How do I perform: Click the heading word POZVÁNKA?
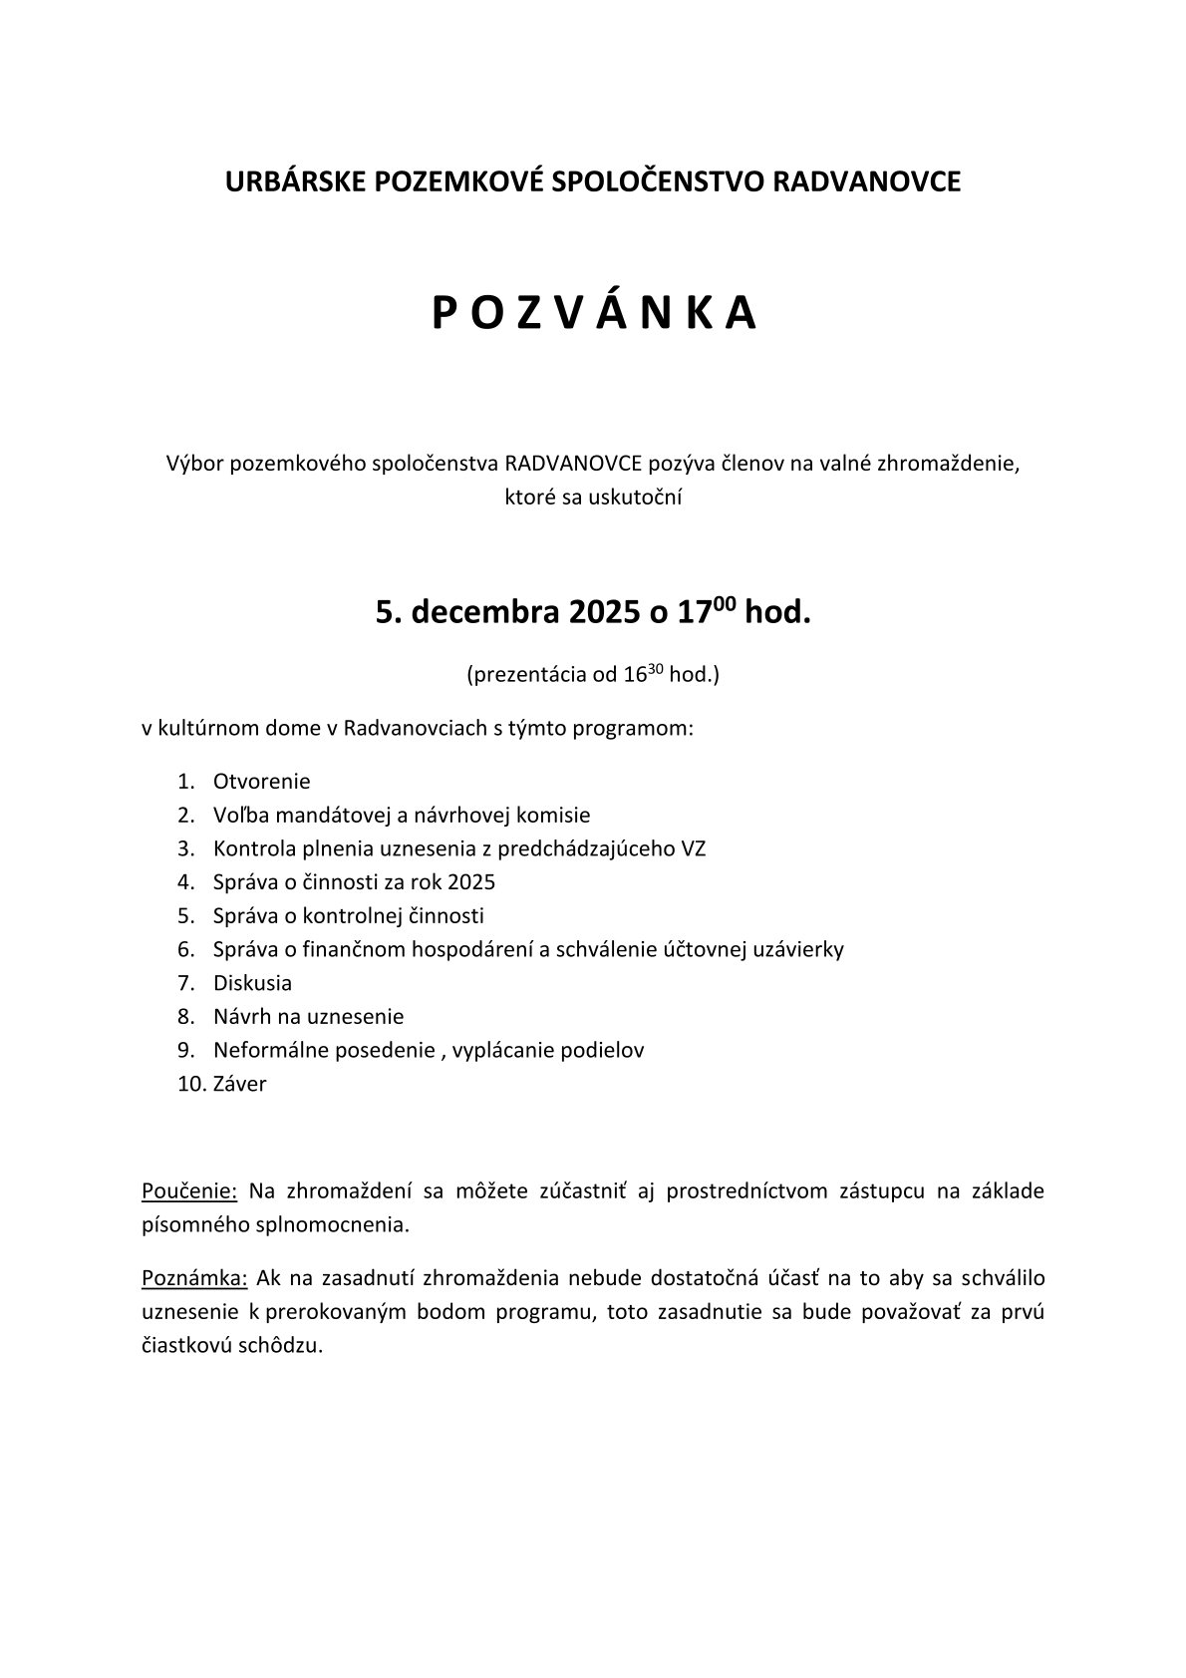594,313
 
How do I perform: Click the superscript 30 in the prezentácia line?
657,668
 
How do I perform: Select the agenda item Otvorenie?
261,781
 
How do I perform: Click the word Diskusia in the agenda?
252,983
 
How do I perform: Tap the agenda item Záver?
239,1084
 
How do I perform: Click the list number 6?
185,949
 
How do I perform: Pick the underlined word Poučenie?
189,1191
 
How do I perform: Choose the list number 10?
189,1084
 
